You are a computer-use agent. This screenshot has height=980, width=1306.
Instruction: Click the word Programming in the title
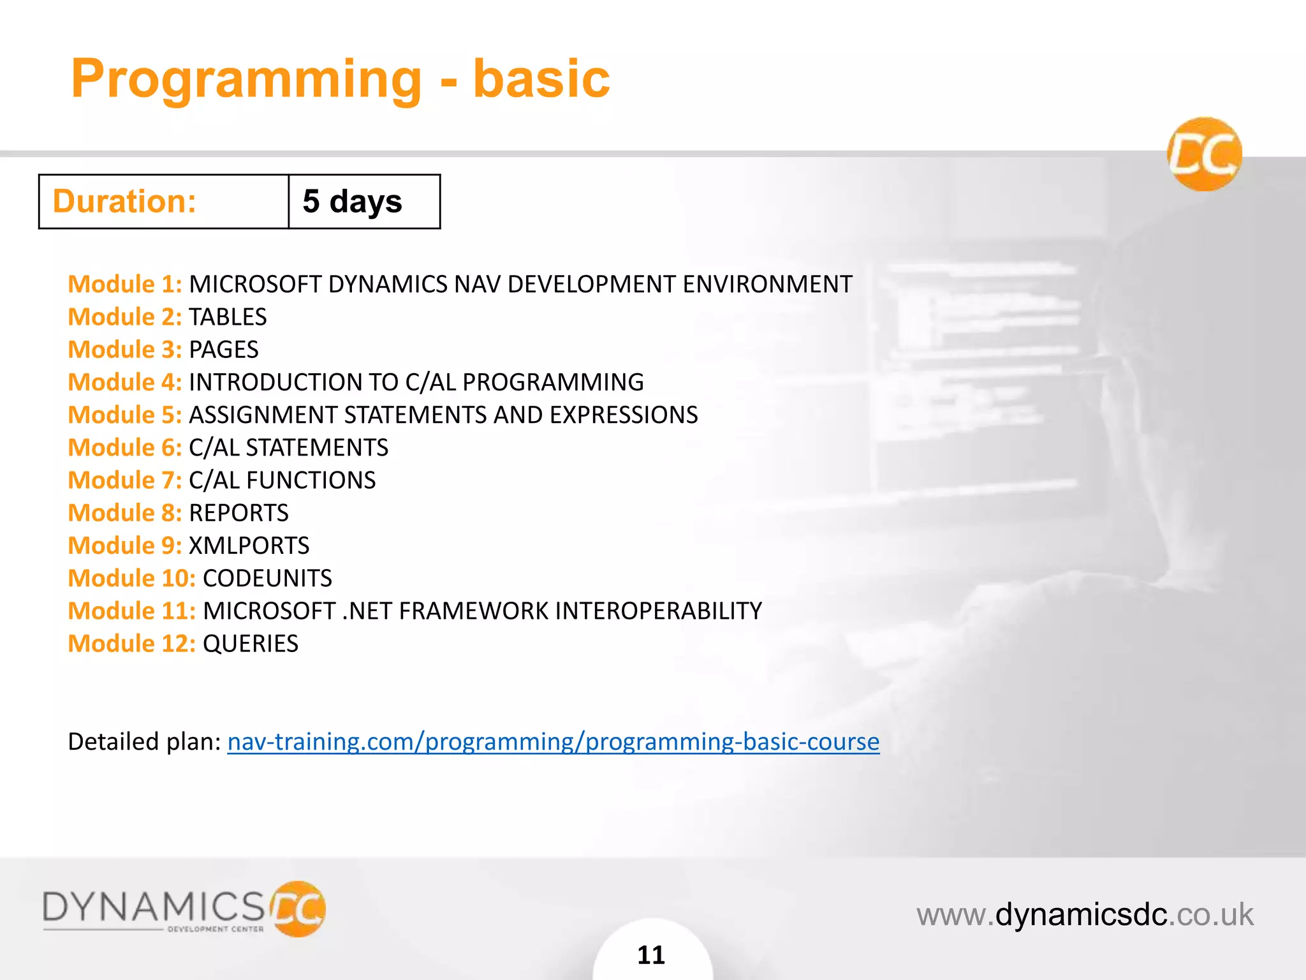[246, 80]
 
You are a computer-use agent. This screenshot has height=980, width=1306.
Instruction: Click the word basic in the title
[541, 78]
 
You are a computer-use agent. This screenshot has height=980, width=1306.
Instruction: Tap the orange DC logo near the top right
[1205, 154]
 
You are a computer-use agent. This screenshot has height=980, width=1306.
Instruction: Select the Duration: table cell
[164, 202]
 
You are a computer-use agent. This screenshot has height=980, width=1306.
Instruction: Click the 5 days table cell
[364, 202]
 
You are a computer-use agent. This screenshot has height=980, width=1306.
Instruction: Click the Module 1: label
[125, 285]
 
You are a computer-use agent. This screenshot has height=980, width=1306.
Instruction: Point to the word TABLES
[228, 317]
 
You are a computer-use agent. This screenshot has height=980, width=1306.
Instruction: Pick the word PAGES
[224, 350]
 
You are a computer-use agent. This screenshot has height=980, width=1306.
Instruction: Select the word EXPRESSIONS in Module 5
[624, 415]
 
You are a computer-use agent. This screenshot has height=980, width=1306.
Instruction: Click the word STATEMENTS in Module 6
[317, 448]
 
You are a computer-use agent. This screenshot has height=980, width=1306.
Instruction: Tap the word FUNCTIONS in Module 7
[311, 480]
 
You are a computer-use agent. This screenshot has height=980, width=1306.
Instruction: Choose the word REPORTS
[238, 513]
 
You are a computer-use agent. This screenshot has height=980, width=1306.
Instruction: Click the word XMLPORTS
[249, 546]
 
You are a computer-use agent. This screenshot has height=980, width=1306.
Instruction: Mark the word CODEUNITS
[267, 579]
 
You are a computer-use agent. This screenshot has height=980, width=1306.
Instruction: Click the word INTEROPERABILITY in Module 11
[658, 611]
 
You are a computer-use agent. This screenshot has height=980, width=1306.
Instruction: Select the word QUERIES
[251, 644]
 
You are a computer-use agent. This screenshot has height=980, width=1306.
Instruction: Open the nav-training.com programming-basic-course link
[553, 742]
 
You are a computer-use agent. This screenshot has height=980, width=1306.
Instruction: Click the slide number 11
[651, 955]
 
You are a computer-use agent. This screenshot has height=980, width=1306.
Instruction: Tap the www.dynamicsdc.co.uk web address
[1085, 915]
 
